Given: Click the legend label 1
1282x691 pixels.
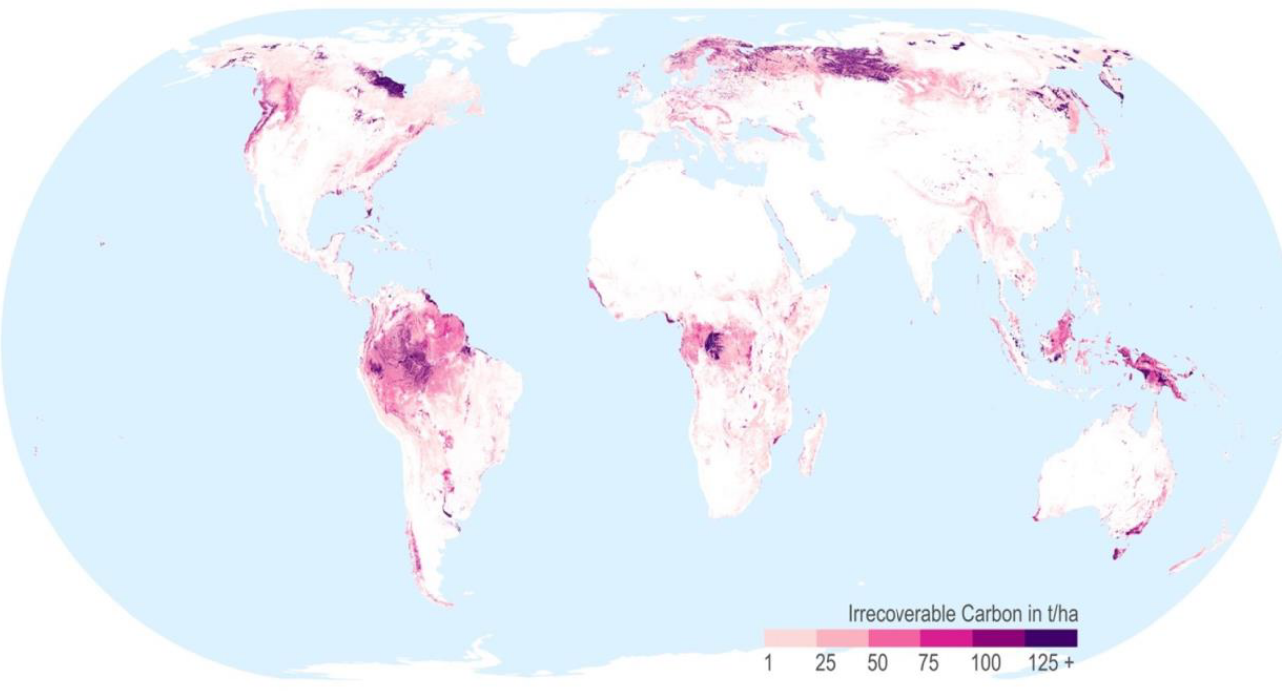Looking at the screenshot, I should click(x=769, y=663).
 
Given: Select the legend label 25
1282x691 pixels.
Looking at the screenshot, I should click(x=824, y=663).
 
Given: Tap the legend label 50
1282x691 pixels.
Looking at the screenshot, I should click(x=877, y=663).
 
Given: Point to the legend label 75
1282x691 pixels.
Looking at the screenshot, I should click(x=929, y=663).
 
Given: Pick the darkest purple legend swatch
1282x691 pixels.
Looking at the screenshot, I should click(x=1051, y=638).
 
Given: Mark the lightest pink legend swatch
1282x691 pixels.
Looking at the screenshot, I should click(x=790, y=638).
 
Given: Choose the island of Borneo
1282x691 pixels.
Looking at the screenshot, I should click(x=1062, y=334).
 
